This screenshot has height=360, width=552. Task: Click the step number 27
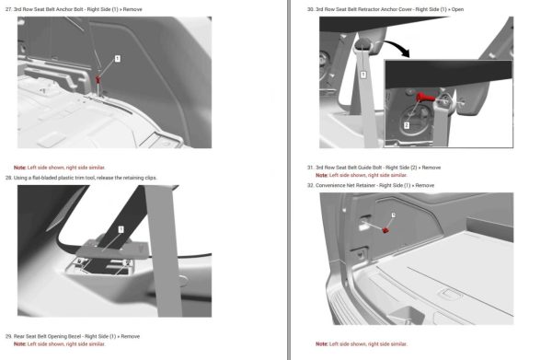[x=8, y=7]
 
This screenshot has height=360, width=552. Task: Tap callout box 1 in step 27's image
[x=117, y=57]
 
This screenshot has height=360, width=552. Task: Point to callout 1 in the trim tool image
[x=121, y=228]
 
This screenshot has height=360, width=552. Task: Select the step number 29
[x=8, y=336]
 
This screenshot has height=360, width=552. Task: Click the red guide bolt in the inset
[x=429, y=96]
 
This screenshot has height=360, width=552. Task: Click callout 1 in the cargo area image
[x=393, y=215]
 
